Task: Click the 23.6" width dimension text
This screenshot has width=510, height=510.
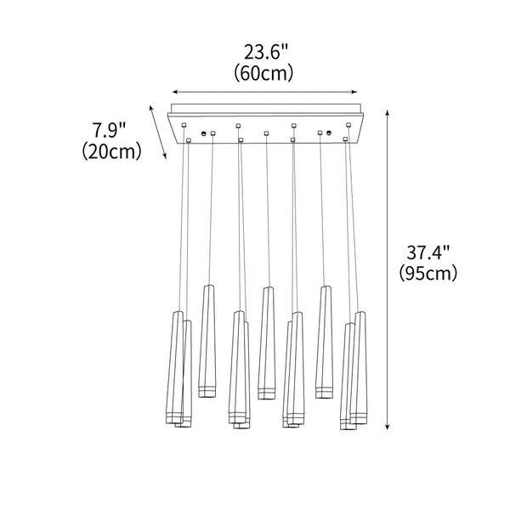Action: click(x=266, y=52)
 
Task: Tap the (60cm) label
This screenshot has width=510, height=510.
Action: click(x=263, y=73)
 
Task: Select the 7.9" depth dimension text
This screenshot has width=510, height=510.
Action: click(x=109, y=130)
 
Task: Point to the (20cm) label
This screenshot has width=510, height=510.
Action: click(x=111, y=151)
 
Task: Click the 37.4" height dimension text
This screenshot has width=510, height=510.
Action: click(x=428, y=252)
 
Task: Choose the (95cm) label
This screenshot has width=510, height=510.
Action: click(x=428, y=273)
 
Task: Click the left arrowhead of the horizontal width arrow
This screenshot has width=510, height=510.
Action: click(x=174, y=92)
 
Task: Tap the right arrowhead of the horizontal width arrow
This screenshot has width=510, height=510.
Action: click(x=354, y=92)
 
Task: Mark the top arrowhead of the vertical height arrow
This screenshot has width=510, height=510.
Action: click(x=387, y=112)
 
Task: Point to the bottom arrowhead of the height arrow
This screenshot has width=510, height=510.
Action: click(x=387, y=428)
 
